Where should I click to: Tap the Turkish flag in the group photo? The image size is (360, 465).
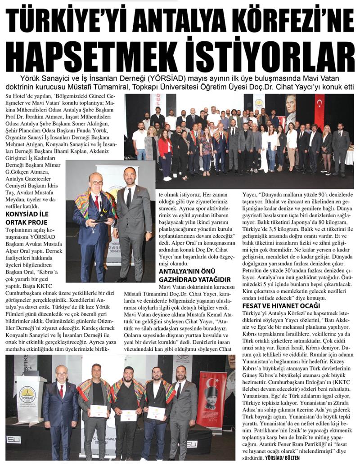pyautogui.click(x=319, y=110)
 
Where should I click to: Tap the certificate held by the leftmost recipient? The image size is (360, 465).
pyautogui.click(x=99, y=410)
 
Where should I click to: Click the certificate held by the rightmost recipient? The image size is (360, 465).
pyautogui.click(x=156, y=412)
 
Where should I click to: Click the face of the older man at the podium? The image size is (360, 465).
pyautogui.click(x=61, y=374)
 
